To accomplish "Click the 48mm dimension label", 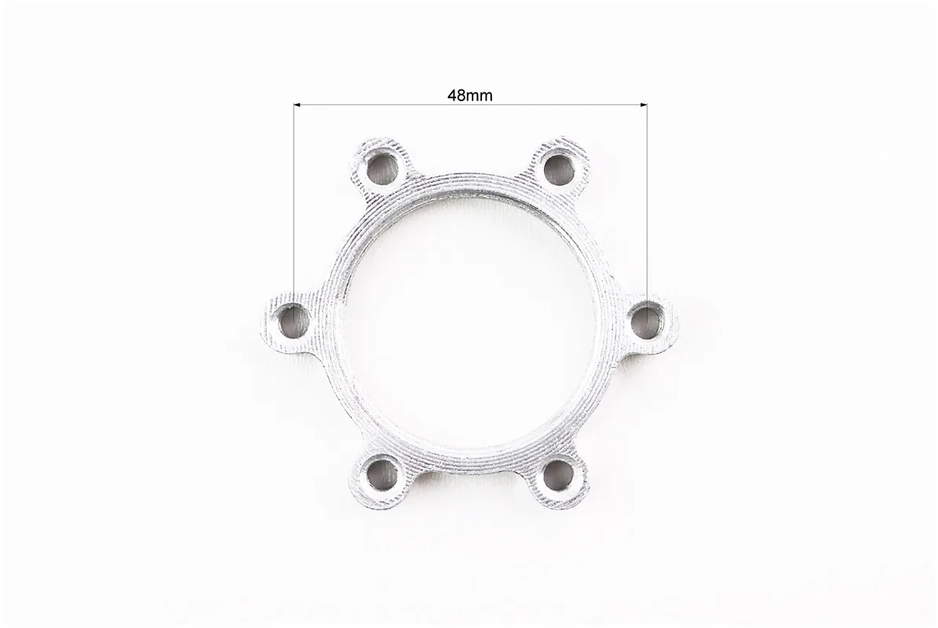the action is click(x=469, y=96).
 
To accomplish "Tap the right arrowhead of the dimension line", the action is click(x=644, y=105).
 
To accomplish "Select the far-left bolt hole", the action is click(x=294, y=320).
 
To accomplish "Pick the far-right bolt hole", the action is click(x=648, y=320).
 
